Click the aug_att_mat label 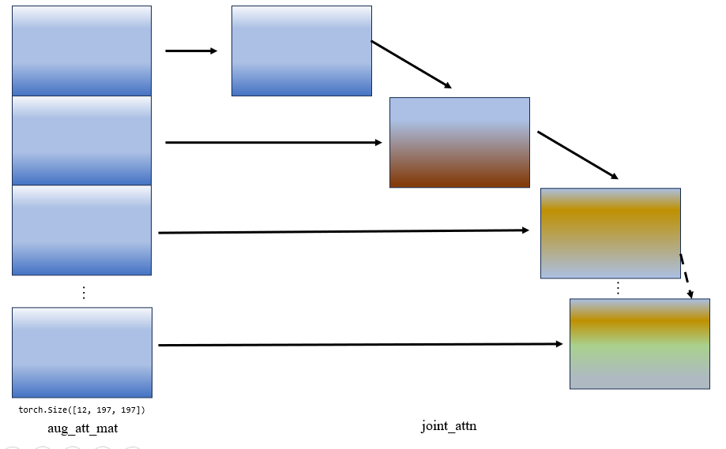click(83, 428)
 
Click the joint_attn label click(449, 426)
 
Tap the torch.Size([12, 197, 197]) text click(81, 410)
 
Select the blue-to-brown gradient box click(459, 142)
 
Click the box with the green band click(639, 343)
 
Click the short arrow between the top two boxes click(191, 51)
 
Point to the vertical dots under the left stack click(84, 292)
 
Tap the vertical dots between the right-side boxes click(618, 288)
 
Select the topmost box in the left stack click(81, 51)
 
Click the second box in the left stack click(81, 140)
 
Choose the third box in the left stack click(81, 230)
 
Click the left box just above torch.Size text click(81, 352)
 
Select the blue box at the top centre click(301, 51)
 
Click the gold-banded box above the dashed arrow click(610, 233)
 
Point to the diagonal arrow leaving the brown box click(577, 155)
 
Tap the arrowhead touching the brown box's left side click(378, 143)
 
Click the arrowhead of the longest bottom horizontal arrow click(559, 344)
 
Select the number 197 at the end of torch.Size click(133, 410)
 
